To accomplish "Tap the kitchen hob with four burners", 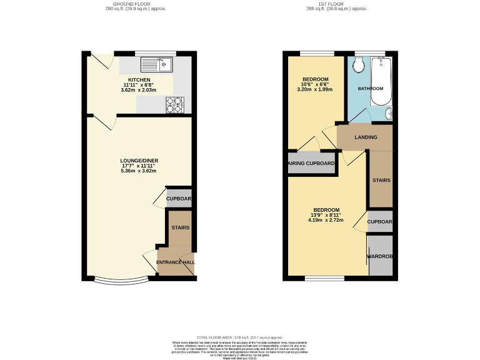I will [175, 105].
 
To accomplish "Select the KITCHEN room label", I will [139, 81].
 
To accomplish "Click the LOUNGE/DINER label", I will [139, 161].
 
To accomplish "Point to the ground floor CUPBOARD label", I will [179, 199].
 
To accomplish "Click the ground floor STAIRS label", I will [181, 228].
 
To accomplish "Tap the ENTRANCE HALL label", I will [175, 262].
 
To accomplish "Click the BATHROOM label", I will [370, 89].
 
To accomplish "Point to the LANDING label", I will [366, 137].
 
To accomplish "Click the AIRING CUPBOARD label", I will [311, 164].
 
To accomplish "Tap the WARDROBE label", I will [379, 256].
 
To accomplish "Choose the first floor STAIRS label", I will [381, 180].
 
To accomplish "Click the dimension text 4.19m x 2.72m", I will [326, 220].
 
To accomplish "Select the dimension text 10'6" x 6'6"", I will [314, 84].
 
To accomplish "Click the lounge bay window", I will [122, 279].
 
